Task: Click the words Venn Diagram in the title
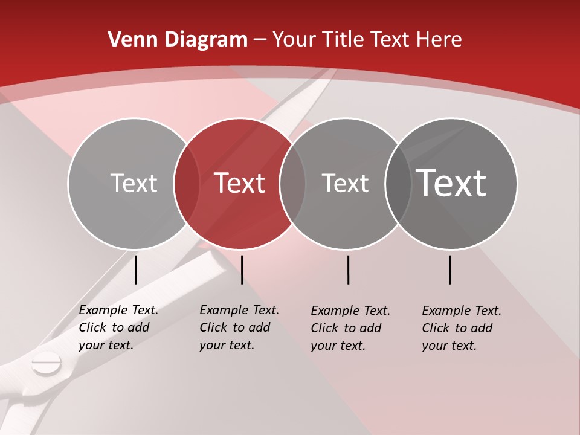point(178,40)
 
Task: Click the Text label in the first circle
point(134,183)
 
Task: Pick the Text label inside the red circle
point(239,183)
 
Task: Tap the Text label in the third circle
point(345,183)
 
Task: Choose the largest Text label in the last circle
point(451,183)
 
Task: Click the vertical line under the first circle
point(136,269)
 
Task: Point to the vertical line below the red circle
point(242,269)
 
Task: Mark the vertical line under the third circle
point(348,269)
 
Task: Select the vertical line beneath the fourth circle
point(450,269)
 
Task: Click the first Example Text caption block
point(118,327)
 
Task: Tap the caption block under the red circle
point(239,327)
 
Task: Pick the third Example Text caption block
point(350,328)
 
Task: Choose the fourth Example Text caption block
point(462,328)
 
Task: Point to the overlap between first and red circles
point(187,183)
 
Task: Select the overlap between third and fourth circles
point(398,183)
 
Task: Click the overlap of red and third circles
point(292,183)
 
